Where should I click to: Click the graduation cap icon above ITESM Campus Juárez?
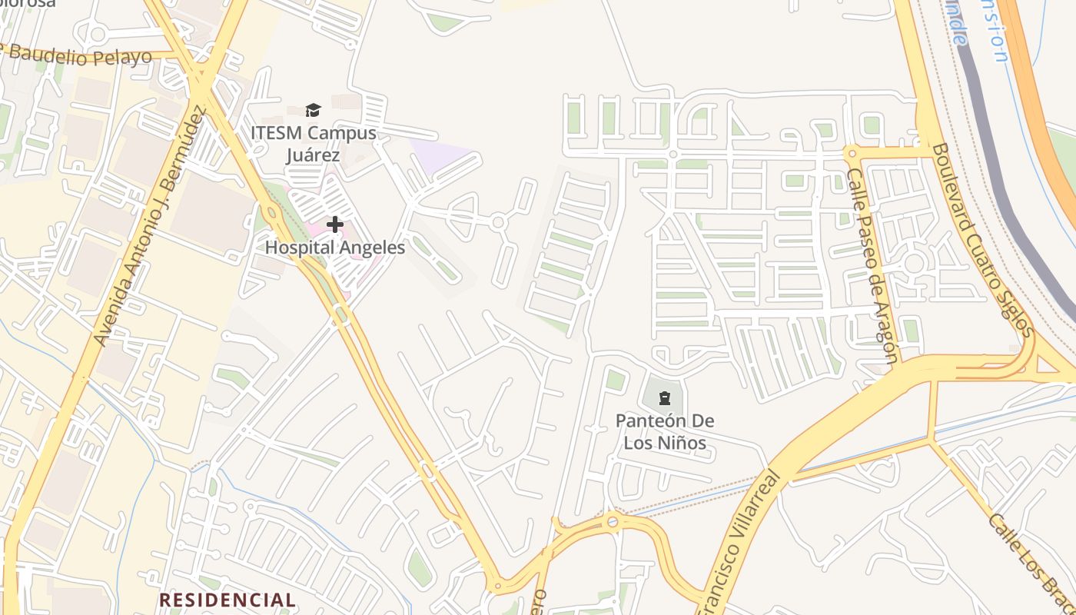(x=313, y=110)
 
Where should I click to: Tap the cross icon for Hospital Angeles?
(x=335, y=224)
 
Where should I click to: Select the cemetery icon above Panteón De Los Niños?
(x=665, y=398)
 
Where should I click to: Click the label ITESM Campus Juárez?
(x=313, y=144)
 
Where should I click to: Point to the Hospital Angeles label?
(x=335, y=248)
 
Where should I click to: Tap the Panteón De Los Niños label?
(x=665, y=431)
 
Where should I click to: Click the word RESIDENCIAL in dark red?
(x=227, y=600)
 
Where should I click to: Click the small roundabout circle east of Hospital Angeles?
(x=498, y=222)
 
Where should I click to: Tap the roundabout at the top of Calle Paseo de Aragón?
(x=850, y=152)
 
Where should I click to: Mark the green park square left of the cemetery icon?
(x=616, y=380)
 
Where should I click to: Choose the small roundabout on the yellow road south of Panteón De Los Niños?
(x=613, y=523)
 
